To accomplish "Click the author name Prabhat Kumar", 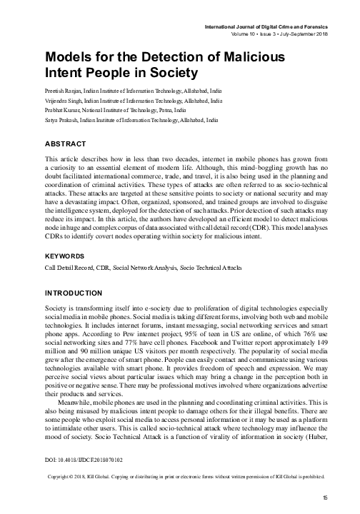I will click(x=64, y=112).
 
